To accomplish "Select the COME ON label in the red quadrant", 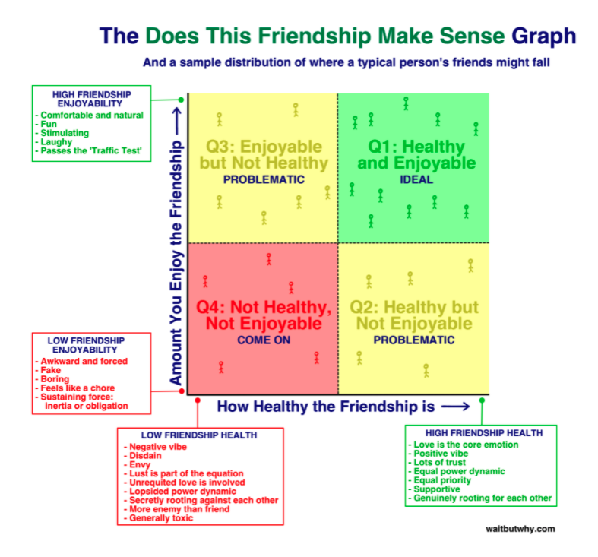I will click(264, 340).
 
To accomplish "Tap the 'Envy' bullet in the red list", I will click(140, 464).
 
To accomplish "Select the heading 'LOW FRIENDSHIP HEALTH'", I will click(199, 435).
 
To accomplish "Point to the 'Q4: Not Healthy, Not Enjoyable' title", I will click(264, 315).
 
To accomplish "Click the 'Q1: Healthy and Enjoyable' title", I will click(416, 154).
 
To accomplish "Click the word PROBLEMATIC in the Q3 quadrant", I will click(264, 180).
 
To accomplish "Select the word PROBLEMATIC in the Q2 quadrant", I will click(414, 340).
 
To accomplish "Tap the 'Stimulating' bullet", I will click(65, 133).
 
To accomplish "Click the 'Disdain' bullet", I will click(145, 454).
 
